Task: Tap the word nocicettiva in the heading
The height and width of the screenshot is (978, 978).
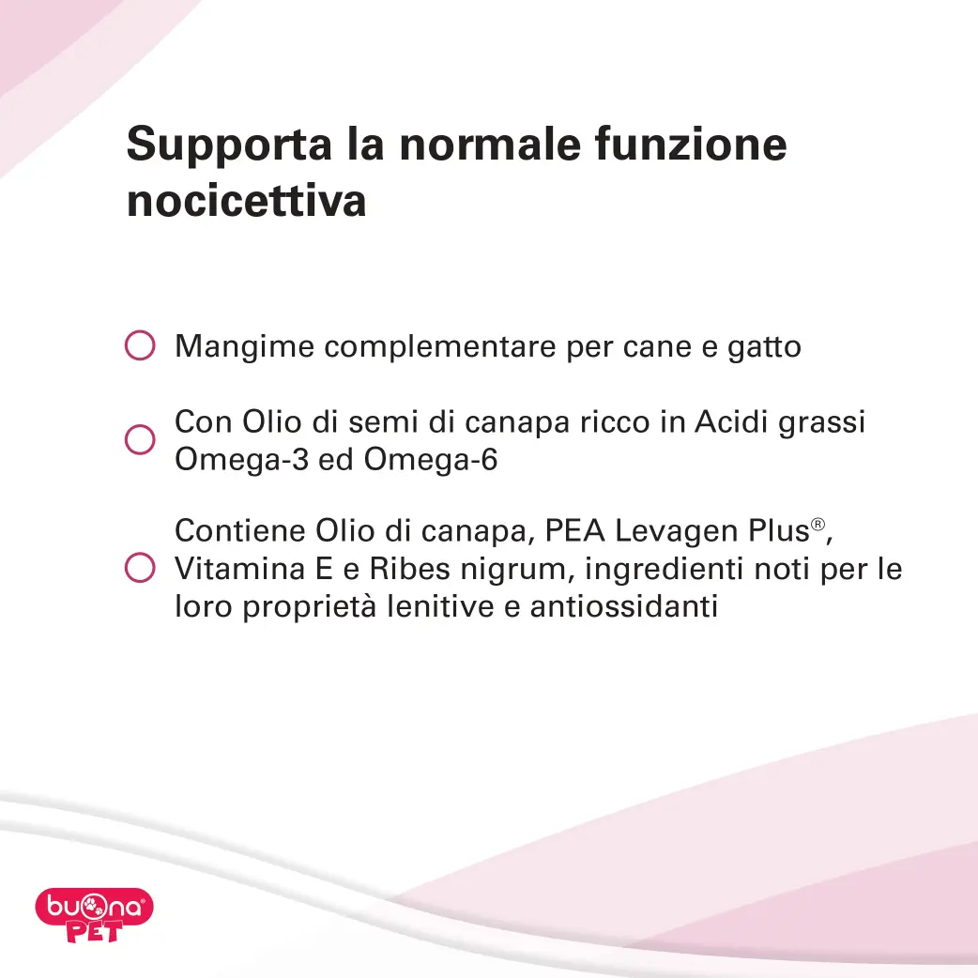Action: (246, 201)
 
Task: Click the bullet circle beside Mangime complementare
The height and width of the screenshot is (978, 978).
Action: (140, 344)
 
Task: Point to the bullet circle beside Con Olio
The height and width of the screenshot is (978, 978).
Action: (140, 440)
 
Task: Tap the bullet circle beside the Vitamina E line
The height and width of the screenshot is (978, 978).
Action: (140, 568)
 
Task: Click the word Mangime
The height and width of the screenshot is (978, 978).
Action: (244, 347)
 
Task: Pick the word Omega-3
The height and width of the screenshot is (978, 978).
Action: (241, 460)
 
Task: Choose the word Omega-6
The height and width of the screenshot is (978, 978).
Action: (431, 460)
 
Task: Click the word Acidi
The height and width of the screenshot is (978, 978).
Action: (731, 421)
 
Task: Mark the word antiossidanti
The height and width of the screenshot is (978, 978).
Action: (624, 606)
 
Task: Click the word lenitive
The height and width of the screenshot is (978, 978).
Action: (440, 606)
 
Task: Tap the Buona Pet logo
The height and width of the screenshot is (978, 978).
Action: (94, 915)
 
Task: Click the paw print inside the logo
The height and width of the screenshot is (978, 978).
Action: (93, 906)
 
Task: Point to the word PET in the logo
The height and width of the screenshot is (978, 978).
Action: (94, 932)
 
